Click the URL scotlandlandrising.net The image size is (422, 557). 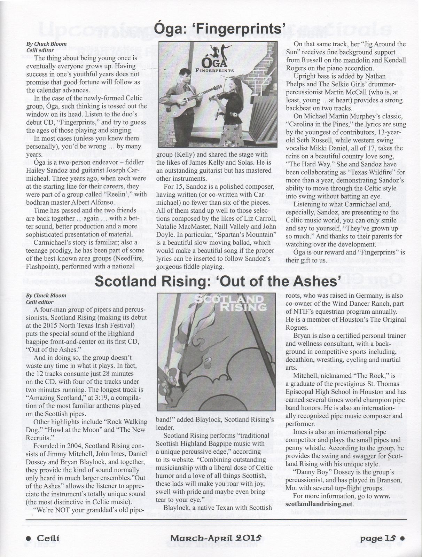point(319,504)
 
